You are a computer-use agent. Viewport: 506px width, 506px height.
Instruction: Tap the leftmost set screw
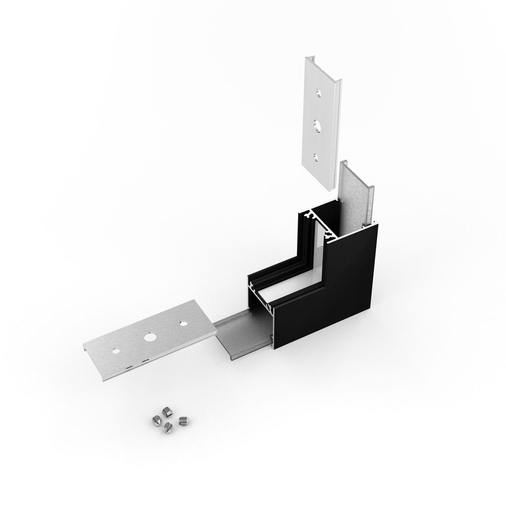(155, 419)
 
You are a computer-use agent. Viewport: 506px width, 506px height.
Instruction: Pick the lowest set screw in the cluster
(167, 429)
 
